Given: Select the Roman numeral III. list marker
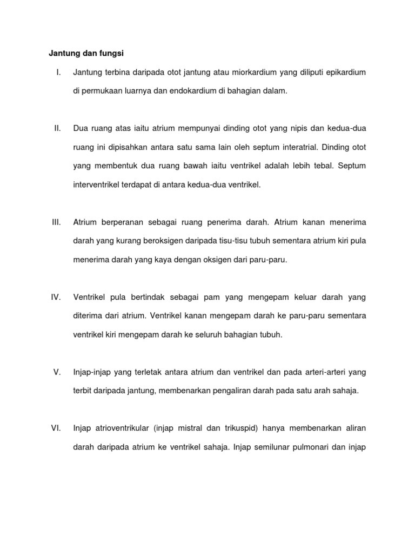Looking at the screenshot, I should (56, 222).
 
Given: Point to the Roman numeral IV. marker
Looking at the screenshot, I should (56, 297).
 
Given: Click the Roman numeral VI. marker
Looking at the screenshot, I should (56, 428).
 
